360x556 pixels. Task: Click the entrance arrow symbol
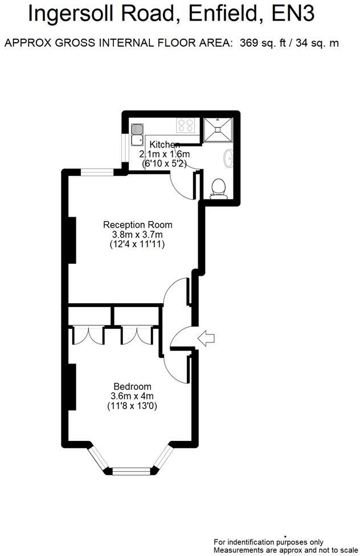pos(206,338)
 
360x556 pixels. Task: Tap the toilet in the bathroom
pos(219,189)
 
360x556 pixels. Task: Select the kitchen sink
pos(137,134)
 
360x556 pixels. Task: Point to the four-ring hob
pos(186,125)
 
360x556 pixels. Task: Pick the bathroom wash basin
pos(229,158)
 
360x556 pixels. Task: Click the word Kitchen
pos(165,145)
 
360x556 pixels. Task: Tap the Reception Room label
pos(137,224)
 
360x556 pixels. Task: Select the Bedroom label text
pos(132,386)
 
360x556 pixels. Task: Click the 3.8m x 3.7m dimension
pos(137,234)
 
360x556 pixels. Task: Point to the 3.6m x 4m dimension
pos(132,396)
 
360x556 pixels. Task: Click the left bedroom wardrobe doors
pos(88,335)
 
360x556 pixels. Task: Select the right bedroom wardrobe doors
pos(136,335)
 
